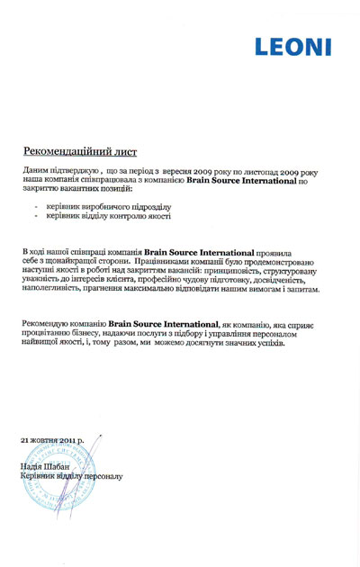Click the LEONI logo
[292, 46]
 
